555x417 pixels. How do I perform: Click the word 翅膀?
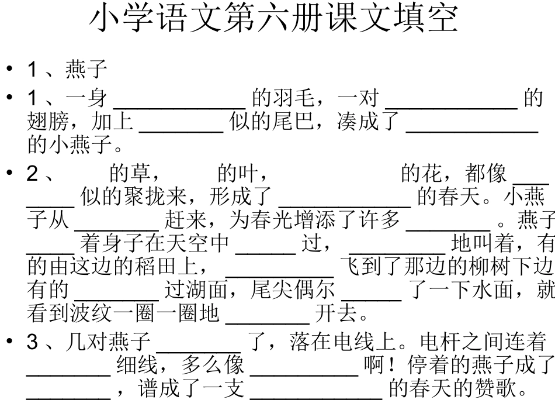[48, 121]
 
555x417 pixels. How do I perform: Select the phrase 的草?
[130, 173]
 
